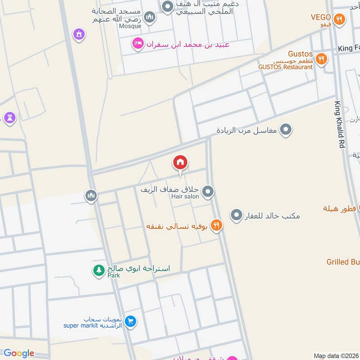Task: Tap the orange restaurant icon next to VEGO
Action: point(340,19)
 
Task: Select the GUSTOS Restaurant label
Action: point(285,67)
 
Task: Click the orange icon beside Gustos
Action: point(321,58)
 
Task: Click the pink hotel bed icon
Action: point(137,44)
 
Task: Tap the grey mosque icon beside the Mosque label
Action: point(150,18)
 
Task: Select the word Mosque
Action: point(130,26)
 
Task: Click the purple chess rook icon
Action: point(9,118)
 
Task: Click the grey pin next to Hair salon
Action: point(207,192)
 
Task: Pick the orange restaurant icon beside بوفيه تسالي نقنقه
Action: point(217,225)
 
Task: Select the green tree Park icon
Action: point(98,270)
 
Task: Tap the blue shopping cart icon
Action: point(131,321)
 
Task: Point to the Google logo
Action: point(19,353)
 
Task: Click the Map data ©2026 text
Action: point(336,355)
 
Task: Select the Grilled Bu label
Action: point(343,261)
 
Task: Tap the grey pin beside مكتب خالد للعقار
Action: point(236,216)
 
